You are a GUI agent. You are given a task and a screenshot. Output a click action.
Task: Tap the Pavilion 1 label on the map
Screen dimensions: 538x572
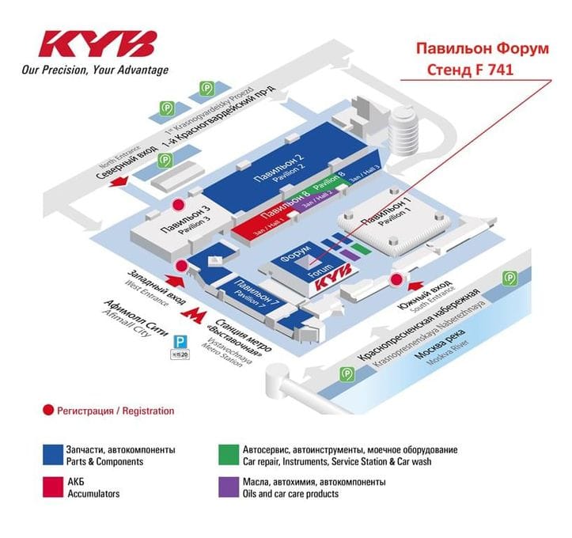coord(385,211)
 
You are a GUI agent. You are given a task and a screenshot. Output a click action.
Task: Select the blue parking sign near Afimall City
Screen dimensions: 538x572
coord(181,341)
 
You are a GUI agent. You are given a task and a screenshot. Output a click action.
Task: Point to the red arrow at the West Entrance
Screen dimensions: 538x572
coord(173,278)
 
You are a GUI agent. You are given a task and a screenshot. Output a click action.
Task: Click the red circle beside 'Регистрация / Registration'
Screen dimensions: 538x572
coord(48,411)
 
